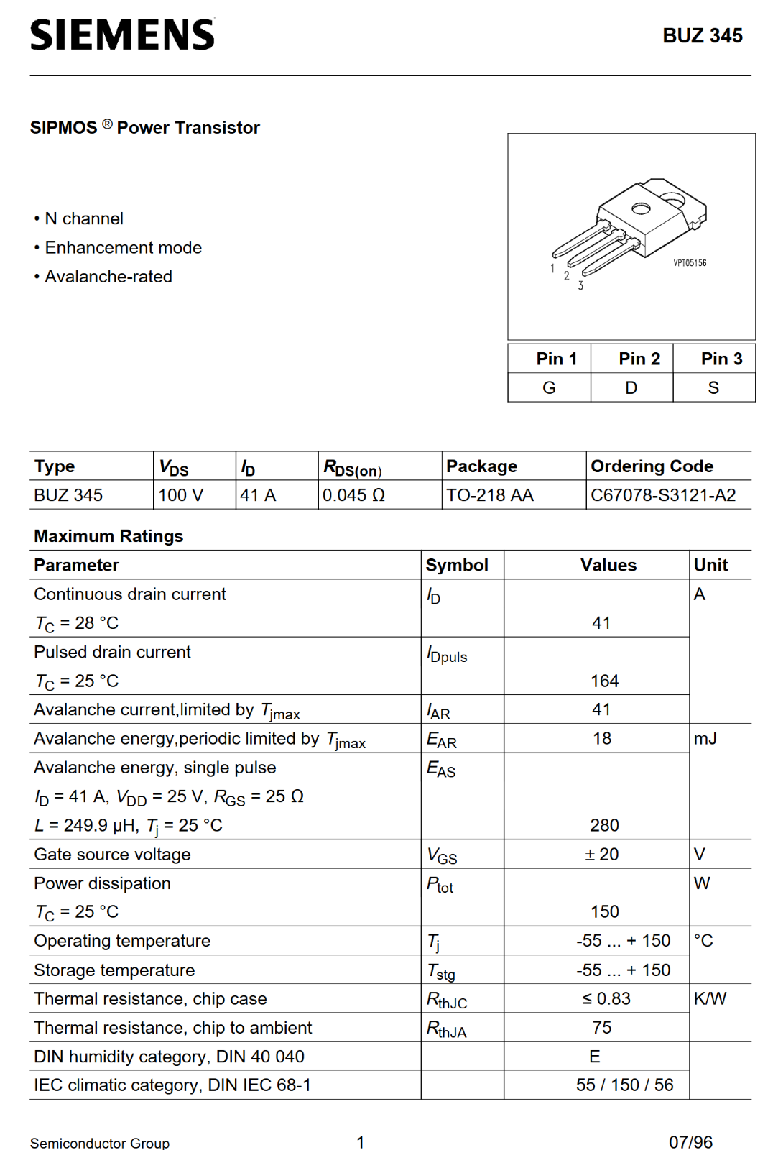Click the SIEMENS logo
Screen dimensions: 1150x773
coord(122,35)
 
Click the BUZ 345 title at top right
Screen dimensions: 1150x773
coord(702,36)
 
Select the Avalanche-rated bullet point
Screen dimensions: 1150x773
coord(108,277)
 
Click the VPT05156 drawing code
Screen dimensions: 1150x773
coord(689,263)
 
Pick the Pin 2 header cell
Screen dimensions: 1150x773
coord(639,359)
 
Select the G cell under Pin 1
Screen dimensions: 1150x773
coord(549,388)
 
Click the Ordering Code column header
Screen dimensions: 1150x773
coord(652,466)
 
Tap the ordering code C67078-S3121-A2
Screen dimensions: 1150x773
coord(662,495)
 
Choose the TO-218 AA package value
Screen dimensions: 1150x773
coord(489,495)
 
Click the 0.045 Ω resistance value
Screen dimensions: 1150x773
coord(353,495)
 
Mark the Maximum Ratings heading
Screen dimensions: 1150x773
coord(108,536)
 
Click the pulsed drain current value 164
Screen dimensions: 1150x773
coord(604,681)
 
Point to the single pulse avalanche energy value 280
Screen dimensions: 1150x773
coord(604,825)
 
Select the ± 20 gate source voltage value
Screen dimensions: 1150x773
coord(602,854)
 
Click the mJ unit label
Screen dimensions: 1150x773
coord(705,739)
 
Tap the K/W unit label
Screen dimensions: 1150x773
coord(710,998)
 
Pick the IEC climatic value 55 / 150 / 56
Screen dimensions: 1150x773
coord(624,1085)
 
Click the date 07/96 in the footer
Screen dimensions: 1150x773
coord(690,1142)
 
